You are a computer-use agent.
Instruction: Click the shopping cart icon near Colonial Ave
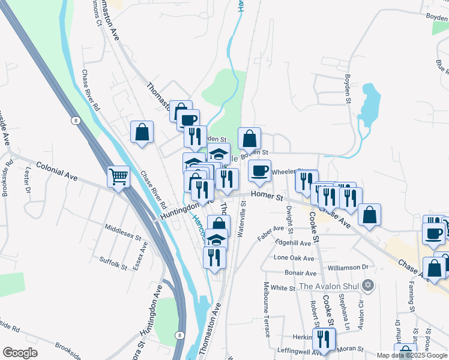(x=119, y=176)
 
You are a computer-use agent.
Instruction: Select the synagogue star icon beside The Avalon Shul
(x=369, y=284)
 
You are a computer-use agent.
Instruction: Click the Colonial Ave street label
(x=57, y=171)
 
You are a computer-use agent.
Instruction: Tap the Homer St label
(x=267, y=195)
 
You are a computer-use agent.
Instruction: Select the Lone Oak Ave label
(x=294, y=258)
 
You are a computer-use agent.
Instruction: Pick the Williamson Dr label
(x=348, y=266)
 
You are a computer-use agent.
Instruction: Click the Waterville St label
(x=243, y=219)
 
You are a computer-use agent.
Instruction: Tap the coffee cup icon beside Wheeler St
(x=259, y=171)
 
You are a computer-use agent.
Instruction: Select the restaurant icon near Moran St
(x=324, y=338)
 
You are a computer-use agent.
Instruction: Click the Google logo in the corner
(x=20, y=352)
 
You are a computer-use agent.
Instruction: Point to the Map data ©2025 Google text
(x=412, y=355)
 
